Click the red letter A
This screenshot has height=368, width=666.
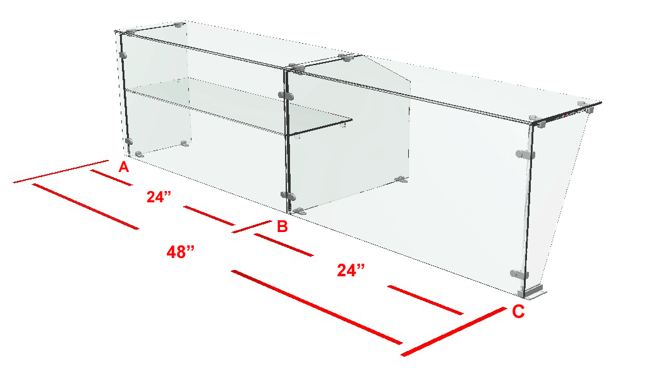[x=124, y=167]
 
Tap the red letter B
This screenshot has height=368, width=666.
[x=282, y=226]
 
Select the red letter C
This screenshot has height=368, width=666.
[x=518, y=312]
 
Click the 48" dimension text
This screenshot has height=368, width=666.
[x=181, y=252]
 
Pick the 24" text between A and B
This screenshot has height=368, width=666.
[x=159, y=197]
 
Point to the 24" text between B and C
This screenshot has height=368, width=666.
[x=351, y=270]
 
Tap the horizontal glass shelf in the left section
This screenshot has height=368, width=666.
[x=238, y=107]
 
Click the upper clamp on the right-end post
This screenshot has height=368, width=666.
[x=525, y=155]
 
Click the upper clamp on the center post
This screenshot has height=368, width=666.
[x=286, y=95]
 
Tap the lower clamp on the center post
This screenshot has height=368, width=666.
[x=288, y=195]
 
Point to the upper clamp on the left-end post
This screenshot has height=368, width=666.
[x=123, y=55]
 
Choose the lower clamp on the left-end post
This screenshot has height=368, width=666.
[x=128, y=141]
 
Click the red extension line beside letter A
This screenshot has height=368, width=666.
[x=61, y=172]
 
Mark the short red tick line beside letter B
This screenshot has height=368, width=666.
[x=251, y=226]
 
